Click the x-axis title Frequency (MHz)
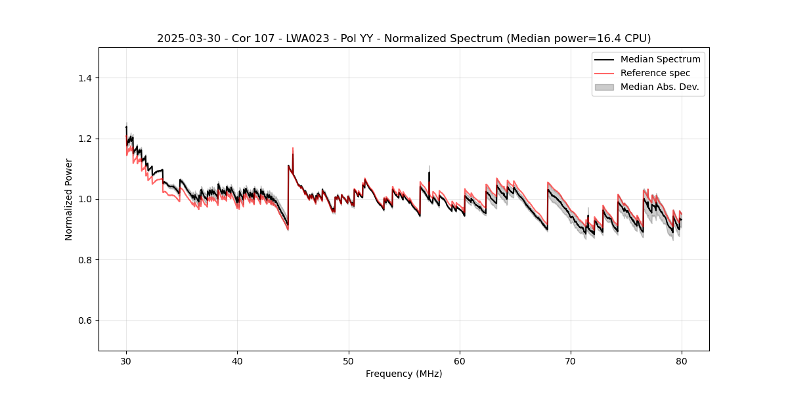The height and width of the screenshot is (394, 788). coord(404,374)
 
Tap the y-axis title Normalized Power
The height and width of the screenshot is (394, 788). coord(69,199)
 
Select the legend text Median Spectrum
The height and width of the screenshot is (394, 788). coord(660,59)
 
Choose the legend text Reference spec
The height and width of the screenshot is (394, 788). coord(655,73)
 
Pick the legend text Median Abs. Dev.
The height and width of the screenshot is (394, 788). coord(659,87)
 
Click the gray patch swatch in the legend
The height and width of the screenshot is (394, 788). coord(604,87)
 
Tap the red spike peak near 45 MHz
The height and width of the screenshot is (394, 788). coord(293,148)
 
